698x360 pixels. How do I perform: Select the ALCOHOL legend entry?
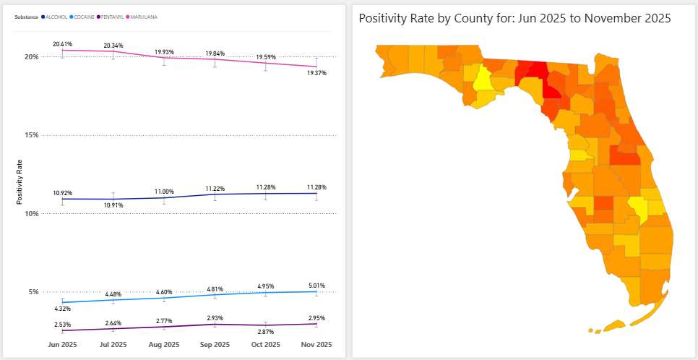56,16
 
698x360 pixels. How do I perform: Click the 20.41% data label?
62,44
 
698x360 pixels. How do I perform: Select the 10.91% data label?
113,205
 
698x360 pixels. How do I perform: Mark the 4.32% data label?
63,309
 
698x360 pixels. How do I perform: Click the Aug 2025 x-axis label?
164,344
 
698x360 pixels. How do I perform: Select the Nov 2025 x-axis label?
316,344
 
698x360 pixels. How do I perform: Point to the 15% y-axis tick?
31,135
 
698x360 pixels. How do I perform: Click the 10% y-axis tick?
31,214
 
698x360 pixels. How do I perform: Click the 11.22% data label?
215,188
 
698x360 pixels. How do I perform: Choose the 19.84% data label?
215,53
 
